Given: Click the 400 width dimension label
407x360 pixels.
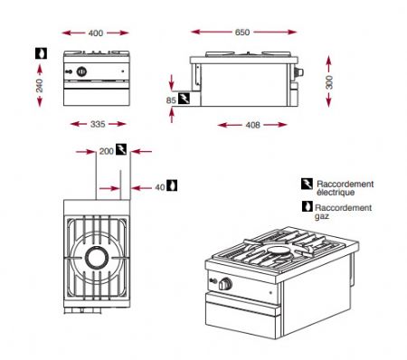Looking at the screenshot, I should click(96, 33).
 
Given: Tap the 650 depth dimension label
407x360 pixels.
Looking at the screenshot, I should click(242, 32).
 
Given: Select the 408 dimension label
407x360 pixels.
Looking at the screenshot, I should click(254, 124).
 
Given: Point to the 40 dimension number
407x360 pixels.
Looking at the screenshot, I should click(160, 186).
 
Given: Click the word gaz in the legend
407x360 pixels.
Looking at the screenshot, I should click(324, 217).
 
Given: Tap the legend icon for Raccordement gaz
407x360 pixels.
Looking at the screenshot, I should click(306, 206).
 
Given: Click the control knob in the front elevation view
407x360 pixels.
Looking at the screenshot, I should click(84, 71).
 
